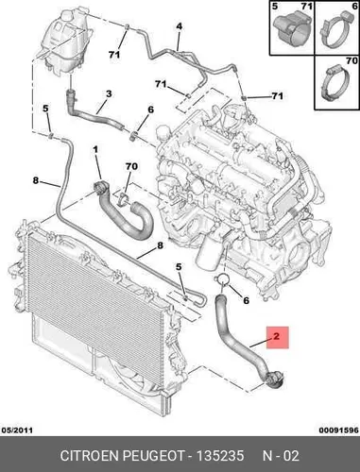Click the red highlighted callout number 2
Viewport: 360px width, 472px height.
click(x=277, y=336)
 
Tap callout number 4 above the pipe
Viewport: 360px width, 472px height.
click(x=179, y=26)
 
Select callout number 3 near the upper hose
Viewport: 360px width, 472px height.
click(x=109, y=93)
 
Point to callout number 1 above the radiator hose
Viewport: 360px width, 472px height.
click(x=95, y=150)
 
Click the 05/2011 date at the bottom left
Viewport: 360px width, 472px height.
click(x=18, y=430)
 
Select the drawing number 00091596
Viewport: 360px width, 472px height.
click(x=338, y=430)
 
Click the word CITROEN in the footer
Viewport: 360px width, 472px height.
click(x=90, y=455)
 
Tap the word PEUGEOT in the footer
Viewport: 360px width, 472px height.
click(x=153, y=455)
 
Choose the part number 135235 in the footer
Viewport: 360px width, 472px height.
click(x=220, y=455)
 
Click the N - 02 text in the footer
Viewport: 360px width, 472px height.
click(x=281, y=455)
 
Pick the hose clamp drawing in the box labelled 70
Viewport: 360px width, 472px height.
click(x=334, y=83)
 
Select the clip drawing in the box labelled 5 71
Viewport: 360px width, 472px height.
click(x=293, y=29)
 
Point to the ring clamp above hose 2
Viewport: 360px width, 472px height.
click(x=222, y=278)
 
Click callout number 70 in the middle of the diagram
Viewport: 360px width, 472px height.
click(x=131, y=166)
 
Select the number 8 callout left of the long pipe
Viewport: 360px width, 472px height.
click(x=36, y=180)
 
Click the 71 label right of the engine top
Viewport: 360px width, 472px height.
click(x=277, y=95)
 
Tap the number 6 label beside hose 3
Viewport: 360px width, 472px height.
click(x=150, y=110)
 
